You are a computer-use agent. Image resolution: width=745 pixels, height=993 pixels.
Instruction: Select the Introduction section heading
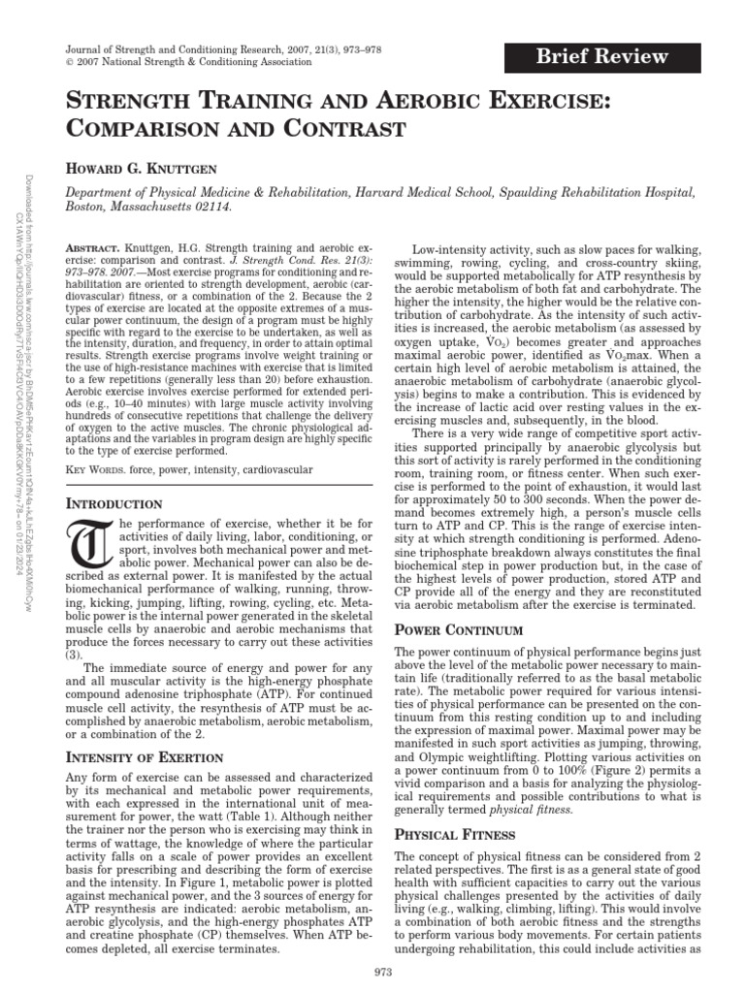tap(112, 504)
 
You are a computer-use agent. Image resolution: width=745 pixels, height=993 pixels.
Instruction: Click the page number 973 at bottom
tap(381, 972)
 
